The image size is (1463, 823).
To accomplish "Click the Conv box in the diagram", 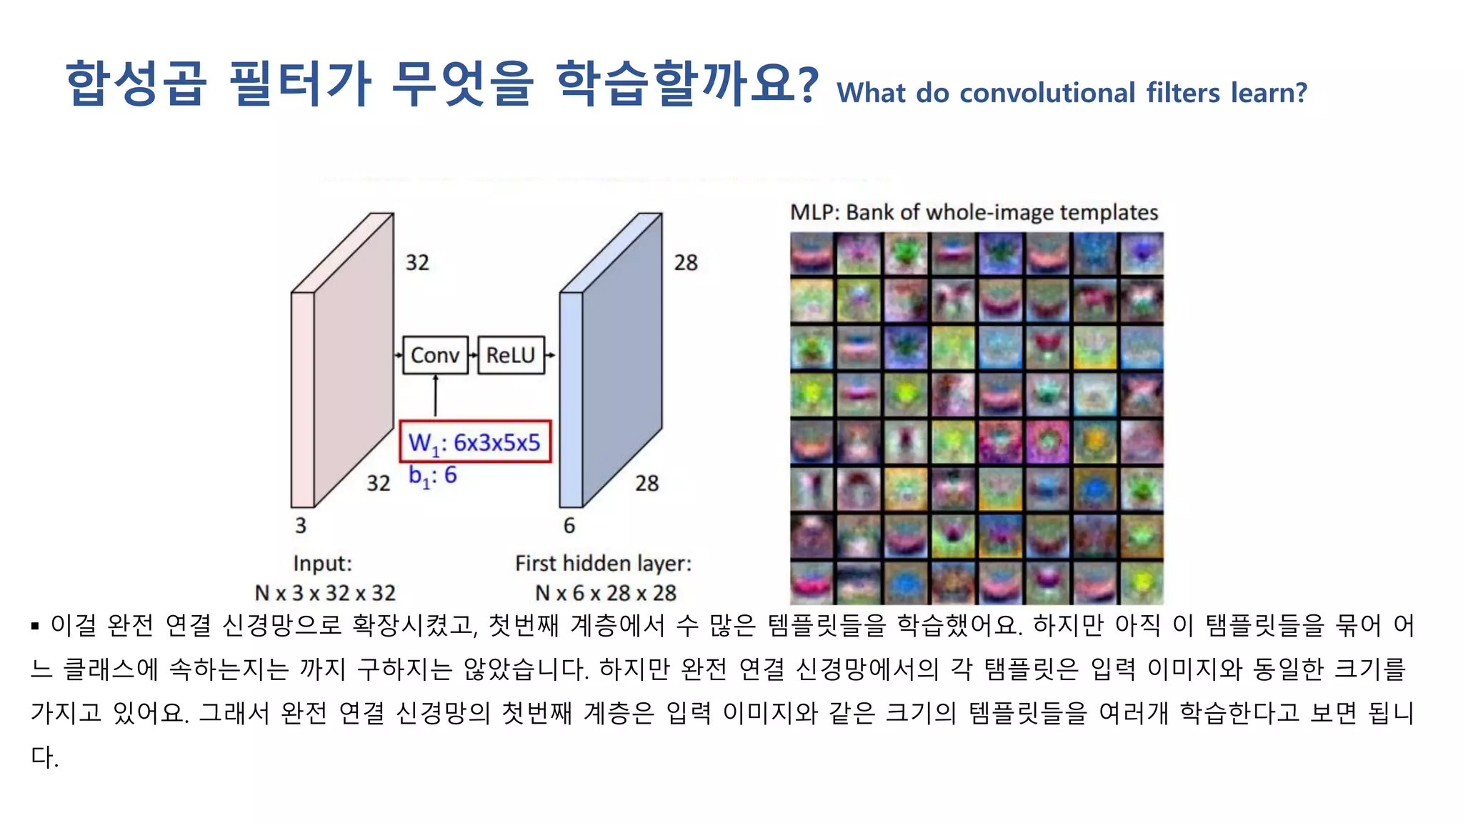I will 435,355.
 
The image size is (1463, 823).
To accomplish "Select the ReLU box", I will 511,355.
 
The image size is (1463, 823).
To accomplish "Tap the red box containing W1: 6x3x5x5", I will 475,442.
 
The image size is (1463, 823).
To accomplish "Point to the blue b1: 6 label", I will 432,476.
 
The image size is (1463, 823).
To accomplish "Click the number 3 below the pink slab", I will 301,526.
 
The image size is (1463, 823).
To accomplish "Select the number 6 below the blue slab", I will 569,526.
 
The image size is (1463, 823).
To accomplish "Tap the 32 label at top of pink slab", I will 417,263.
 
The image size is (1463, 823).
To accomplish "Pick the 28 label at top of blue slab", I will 686,263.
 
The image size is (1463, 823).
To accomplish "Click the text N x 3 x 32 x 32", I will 325,593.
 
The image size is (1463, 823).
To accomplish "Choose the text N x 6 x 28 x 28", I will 606,593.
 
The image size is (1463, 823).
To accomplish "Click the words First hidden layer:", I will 604,564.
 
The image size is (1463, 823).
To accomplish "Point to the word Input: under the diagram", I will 323,564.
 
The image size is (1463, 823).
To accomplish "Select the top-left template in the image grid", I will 812,254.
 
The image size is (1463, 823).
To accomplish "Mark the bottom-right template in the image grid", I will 1142,583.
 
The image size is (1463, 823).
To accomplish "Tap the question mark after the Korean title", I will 807,84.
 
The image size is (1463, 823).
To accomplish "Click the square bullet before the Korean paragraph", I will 35,627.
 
